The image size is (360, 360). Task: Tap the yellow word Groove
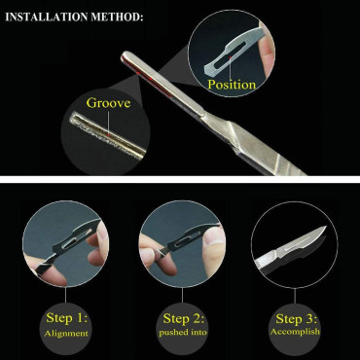point(108,103)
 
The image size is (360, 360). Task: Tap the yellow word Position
point(232,85)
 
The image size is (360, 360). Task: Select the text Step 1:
point(67,317)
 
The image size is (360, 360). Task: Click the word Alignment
point(66,333)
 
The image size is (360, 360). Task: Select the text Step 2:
point(184,318)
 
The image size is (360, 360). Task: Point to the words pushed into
point(183,333)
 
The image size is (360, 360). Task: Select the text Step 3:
point(297,319)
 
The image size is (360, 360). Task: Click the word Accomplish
point(295,332)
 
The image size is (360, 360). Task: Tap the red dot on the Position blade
point(230,57)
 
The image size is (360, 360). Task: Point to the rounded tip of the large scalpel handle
point(125,56)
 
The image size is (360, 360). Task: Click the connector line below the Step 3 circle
point(295,295)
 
